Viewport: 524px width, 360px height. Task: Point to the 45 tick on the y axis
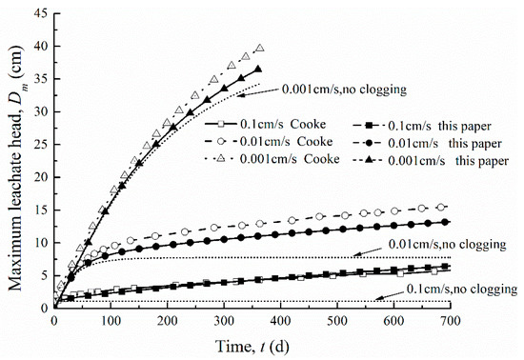coord(42,11)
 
